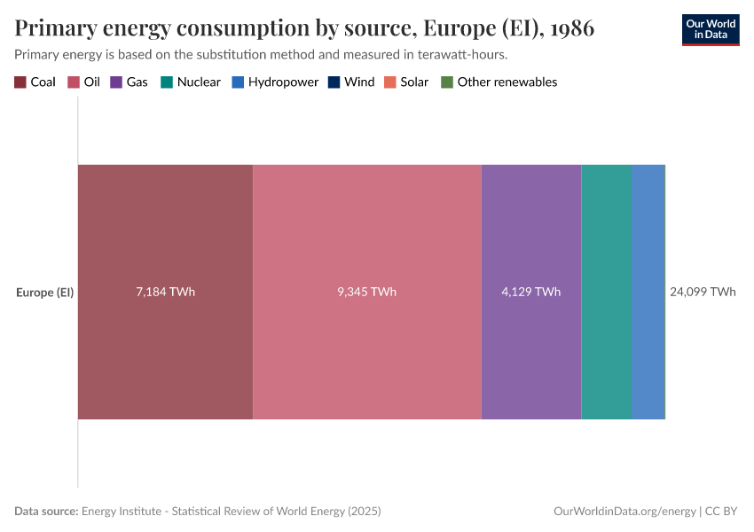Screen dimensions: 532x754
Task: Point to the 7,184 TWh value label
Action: pos(165,292)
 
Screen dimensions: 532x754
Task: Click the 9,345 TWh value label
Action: pos(366,292)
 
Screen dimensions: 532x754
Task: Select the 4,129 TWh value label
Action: pos(530,292)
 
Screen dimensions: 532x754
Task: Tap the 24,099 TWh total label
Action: pos(703,292)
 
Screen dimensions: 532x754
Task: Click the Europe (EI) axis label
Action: pos(44,292)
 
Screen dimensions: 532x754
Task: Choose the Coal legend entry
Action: pos(35,82)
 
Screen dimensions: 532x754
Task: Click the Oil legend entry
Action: pos(84,82)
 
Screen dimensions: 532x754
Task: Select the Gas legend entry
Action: pos(130,82)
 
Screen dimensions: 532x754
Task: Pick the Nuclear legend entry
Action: pos(191,82)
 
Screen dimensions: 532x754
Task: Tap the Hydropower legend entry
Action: pos(275,82)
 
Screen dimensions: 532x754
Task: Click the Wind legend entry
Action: pos(351,82)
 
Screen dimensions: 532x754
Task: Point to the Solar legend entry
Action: pos(406,82)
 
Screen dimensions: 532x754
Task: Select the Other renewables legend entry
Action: pos(499,82)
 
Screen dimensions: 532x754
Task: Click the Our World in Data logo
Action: pos(710,29)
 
